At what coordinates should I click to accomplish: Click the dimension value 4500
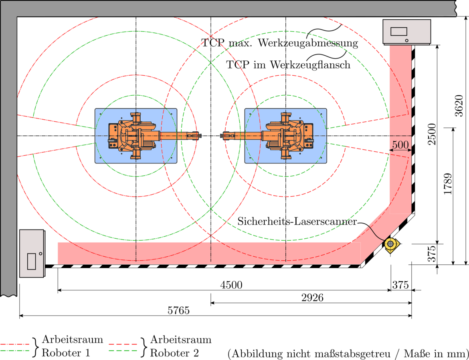point(232,285)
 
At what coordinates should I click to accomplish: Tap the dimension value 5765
point(178,311)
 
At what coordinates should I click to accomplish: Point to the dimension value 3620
point(459,106)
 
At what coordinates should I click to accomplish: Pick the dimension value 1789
point(448,184)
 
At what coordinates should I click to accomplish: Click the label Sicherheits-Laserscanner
point(297,221)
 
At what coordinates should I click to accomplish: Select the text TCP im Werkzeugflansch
point(288,64)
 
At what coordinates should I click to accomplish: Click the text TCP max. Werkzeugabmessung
point(279,43)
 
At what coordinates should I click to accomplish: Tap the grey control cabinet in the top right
point(406,32)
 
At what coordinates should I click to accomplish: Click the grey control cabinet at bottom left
point(32,253)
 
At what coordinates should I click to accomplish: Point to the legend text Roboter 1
point(66,353)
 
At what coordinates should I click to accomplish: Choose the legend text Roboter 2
point(174,353)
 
